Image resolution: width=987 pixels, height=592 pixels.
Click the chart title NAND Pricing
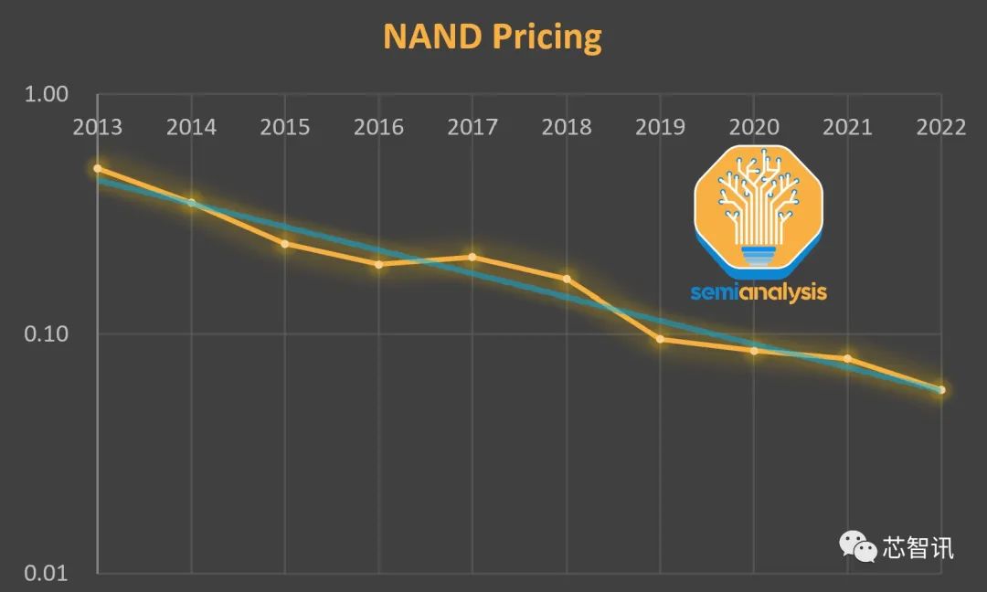point(493,37)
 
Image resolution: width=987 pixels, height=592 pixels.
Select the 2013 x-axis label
point(98,127)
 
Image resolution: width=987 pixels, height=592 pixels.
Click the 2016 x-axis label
point(378,127)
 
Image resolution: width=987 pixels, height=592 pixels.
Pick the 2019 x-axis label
point(660,127)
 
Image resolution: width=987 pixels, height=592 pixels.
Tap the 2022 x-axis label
point(940,127)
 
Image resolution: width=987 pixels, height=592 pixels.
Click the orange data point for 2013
point(98,169)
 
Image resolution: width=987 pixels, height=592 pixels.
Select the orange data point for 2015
point(285,244)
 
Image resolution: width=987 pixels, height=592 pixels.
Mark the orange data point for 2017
point(472,257)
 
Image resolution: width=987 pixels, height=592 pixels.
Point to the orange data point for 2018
point(567,279)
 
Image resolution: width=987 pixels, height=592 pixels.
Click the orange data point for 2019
point(660,339)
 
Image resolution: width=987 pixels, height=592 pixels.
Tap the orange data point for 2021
point(847,359)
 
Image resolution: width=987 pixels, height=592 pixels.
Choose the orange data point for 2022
point(941,390)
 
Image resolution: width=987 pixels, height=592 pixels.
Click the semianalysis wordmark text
point(759,292)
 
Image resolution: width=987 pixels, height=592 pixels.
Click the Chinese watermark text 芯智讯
point(918,547)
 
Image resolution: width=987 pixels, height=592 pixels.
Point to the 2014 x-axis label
point(191,127)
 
